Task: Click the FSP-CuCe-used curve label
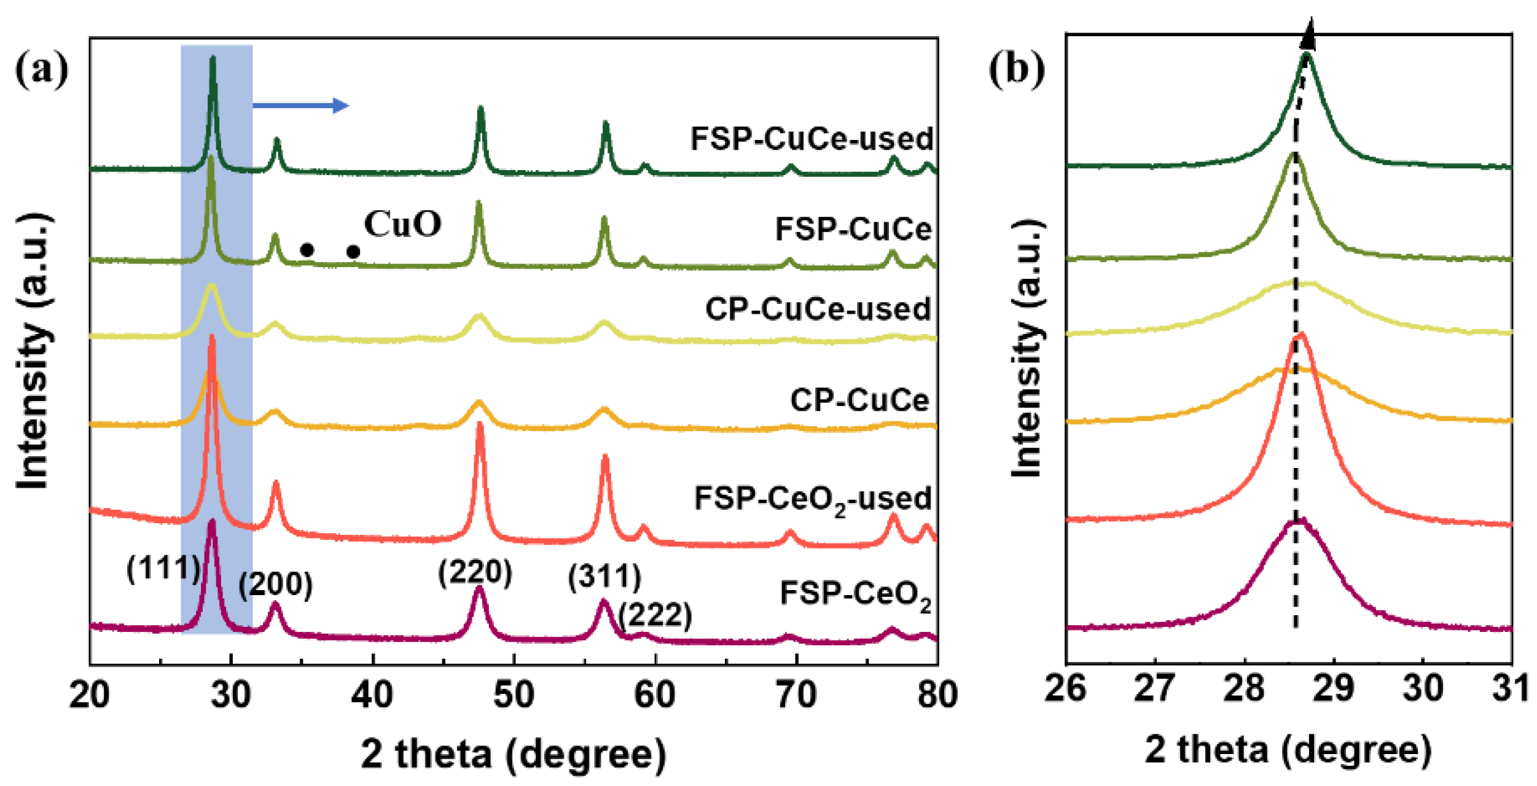click(x=811, y=139)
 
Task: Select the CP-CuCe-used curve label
click(x=818, y=309)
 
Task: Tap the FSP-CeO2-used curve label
click(x=812, y=499)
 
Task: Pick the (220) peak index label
click(x=475, y=572)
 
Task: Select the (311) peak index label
click(x=604, y=576)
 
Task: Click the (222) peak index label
click(x=655, y=615)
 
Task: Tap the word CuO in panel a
click(x=403, y=224)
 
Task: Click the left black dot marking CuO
click(x=307, y=250)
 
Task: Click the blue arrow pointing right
click(x=301, y=106)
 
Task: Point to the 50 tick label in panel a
click(x=514, y=695)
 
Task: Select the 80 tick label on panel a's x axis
click(x=936, y=695)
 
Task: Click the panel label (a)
click(x=41, y=71)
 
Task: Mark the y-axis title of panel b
click(x=1027, y=348)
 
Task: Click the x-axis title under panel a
click(x=514, y=754)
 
